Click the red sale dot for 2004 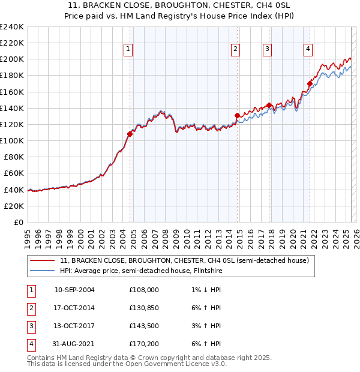coord(130,134)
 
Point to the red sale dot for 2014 coord(237,115)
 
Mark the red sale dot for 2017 coord(269,105)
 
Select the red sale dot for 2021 coord(310,83)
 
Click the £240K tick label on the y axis coord(12,26)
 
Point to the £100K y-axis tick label coord(12,140)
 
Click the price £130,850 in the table coord(144,308)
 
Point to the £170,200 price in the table coord(144,344)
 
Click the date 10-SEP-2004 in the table coord(74,290)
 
